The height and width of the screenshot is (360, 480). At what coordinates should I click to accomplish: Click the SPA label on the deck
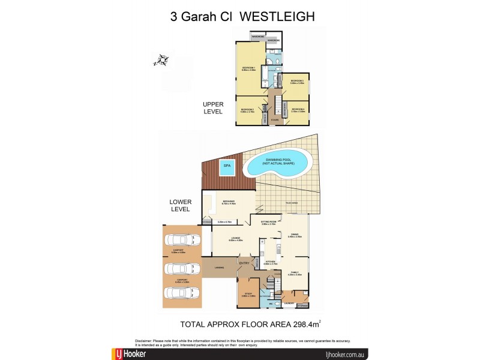[227, 165]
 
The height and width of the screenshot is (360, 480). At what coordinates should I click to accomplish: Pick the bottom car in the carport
[181, 293]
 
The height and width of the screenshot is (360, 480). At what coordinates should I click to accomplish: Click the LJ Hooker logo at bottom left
[129, 354]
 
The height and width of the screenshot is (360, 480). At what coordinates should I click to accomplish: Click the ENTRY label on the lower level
[244, 263]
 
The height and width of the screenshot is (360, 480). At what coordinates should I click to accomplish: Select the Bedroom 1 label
[249, 69]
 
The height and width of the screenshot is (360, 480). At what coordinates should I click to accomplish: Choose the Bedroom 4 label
[298, 110]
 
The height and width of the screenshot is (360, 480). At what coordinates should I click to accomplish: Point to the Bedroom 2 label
[248, 110]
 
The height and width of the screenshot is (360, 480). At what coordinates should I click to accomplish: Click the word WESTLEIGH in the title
[277, 17]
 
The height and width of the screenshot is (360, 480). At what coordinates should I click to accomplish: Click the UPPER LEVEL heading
[213, 107]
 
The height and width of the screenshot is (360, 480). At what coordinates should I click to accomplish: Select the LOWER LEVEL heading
[180, 205]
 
